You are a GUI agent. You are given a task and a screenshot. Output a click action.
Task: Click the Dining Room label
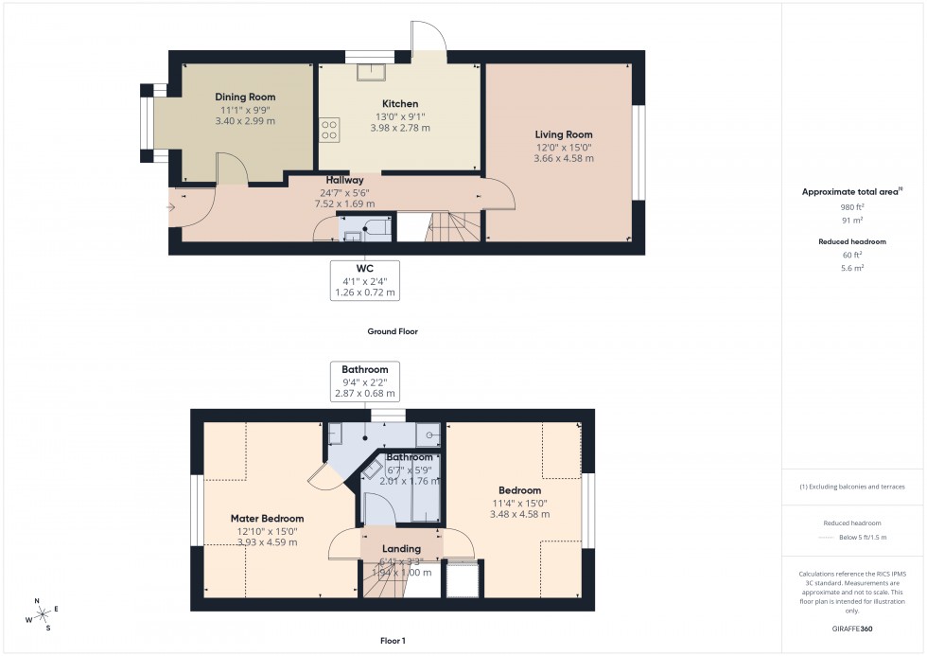pos(245,98)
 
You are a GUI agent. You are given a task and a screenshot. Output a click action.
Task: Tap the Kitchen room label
pos(400,104)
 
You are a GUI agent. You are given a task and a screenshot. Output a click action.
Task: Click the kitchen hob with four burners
pos(329,129)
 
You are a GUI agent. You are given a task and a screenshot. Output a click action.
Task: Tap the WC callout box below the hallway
pos(365,280)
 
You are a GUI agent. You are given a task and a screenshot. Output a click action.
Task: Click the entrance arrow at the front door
pos(170,206)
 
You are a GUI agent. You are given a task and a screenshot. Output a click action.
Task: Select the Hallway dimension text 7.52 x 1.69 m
pos(344,203)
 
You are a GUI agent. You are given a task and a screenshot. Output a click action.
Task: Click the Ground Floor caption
pos(393,332)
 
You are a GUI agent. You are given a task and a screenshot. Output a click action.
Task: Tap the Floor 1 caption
pos(392,641)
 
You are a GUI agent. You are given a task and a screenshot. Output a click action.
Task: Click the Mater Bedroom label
pos(268,519)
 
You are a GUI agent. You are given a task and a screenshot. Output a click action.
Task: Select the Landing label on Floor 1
pos(402,549)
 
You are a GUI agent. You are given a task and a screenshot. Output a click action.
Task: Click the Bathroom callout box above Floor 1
pos(365,381)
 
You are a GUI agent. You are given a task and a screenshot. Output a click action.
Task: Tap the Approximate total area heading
pos(851,192)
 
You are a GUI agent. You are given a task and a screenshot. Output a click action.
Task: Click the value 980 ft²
pos(852,206)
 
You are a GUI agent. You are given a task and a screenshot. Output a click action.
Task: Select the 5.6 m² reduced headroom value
pos(852,268)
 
